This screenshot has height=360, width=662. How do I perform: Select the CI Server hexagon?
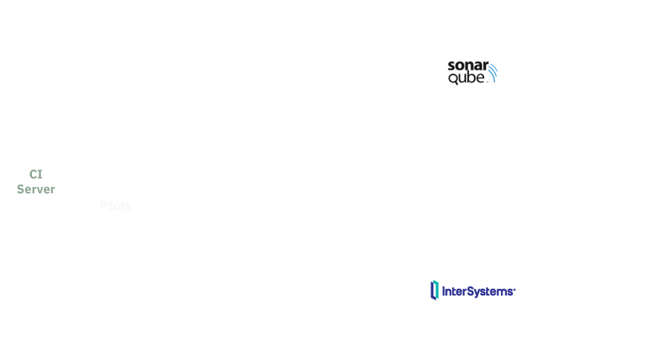36,180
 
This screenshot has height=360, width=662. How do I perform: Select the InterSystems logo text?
479,291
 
